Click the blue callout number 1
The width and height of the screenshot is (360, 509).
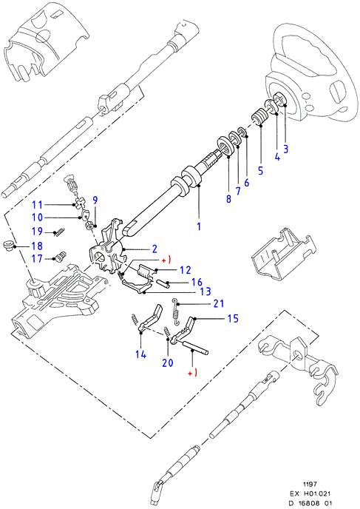click(x=199, y=226)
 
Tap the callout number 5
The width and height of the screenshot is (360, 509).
click(x=261, y=171)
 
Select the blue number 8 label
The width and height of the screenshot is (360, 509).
click(x=228, y=199)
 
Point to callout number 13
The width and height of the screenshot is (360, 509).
click(x=206, y=291)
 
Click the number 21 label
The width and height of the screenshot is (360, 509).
click(x=219, y=303)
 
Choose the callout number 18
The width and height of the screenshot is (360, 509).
click(x=38, y=246)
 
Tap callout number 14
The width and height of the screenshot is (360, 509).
click(x=140, y=354)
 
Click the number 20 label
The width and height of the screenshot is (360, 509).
click(x=168, y=363)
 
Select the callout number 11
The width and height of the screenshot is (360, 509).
click(x=38, y=205)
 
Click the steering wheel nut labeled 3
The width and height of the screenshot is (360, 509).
click(x=280, y=98)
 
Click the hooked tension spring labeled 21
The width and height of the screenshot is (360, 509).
click(x=176, y=312)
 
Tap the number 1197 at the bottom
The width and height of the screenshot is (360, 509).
click(x=310, y=485)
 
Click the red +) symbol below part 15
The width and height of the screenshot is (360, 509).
click(x=193, y=374)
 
